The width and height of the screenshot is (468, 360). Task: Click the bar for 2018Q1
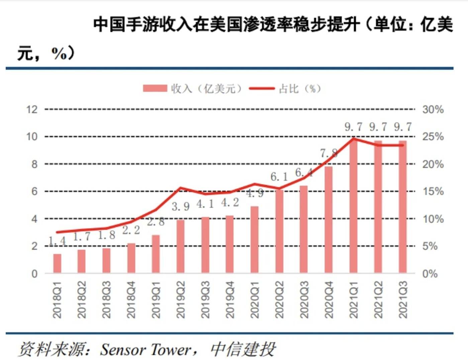(x=57, y=263)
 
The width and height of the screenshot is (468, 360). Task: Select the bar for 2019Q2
(x=180, y=246)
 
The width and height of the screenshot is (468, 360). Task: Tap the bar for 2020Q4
(x=329, y=220)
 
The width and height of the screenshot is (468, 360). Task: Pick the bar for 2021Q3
(x=402, y=207)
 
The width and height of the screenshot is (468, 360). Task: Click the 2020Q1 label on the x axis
(x=255, y=299)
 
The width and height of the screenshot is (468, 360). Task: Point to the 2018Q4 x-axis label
(x=131, y=299)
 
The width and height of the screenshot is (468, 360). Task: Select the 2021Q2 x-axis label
(x=378, y=299)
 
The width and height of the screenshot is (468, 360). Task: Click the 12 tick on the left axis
(x=32, y=109)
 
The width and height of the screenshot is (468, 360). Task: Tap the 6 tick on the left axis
(x=34, y=191)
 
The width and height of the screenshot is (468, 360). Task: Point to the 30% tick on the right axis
(x=433, y=109)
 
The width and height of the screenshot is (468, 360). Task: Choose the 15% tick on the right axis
(x=433, y=191)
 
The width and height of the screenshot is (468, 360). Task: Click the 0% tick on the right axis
(x=430, y=274)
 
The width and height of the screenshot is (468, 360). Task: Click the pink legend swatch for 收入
(x=155, y=88)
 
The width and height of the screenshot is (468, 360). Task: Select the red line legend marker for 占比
(x=262, y=88)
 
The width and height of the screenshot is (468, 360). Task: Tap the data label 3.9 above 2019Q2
(x=181, y=207)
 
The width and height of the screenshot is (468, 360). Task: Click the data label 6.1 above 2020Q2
(x=279, y=176)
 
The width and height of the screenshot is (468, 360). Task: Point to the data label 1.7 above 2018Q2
(x=82, y=237)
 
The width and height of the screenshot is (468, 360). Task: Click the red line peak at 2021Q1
(x=354, y=138)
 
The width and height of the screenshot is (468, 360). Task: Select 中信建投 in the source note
(x=243, y=350)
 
